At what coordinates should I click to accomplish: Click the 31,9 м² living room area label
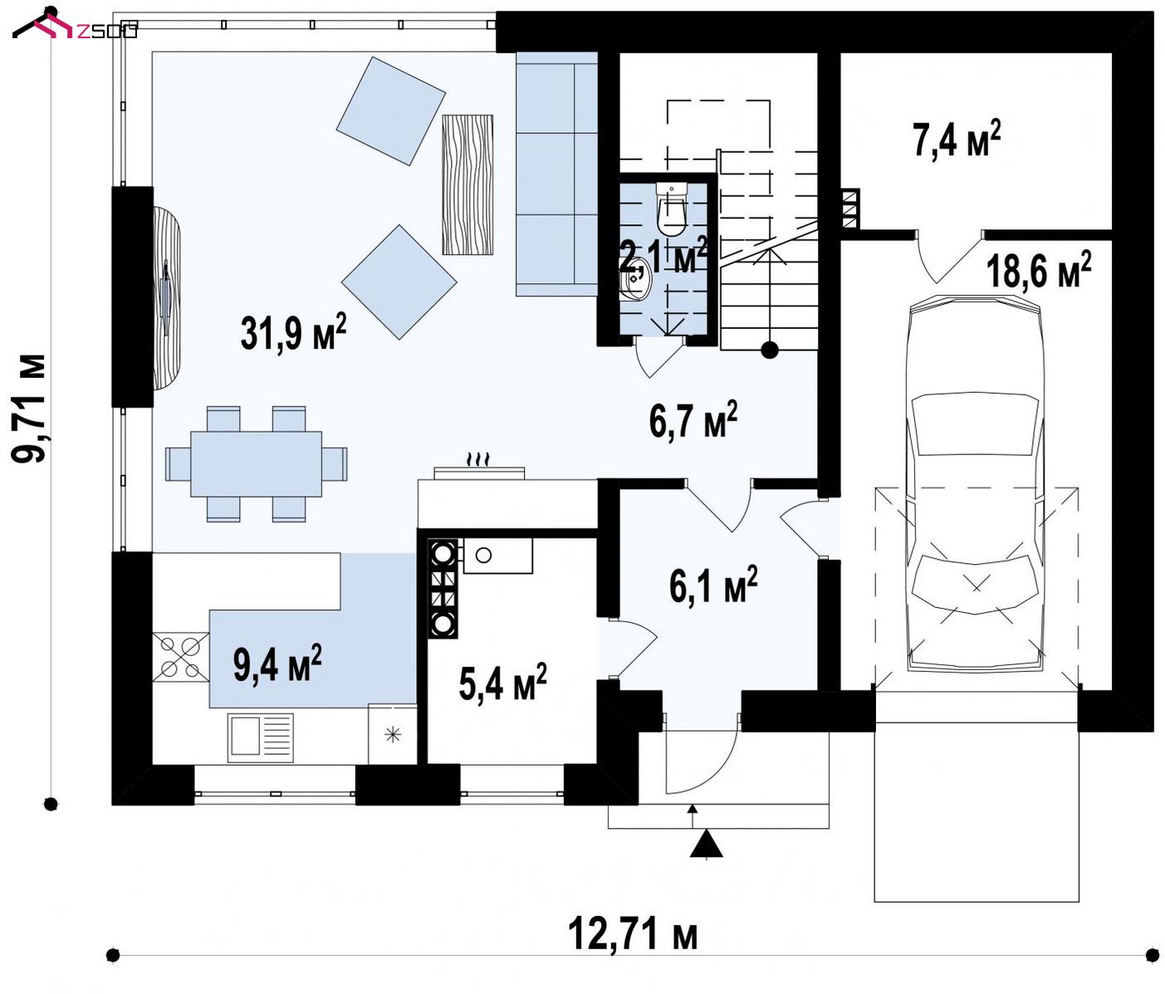(x=293, y=332)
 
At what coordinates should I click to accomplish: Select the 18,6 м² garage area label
(x=1039, y=270)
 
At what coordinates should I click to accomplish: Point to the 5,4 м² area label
(x=502, y=682)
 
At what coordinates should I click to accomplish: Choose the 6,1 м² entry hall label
(x=713, y=584)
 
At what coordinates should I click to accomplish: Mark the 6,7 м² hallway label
(x=693, y=419)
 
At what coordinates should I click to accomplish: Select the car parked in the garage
(x=975, y=483)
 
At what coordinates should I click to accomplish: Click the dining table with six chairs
(x=257, y=463)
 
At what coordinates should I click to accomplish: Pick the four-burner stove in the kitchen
(x=180, y=657)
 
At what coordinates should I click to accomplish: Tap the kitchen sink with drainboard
(x=261, y=738)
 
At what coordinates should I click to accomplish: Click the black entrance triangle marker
(x=707, y=844)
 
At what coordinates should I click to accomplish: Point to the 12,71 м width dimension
(x=633, y=933)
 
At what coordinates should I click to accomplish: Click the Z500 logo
(x=75, y=27)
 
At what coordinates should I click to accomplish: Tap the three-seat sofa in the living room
(x=557, y=174)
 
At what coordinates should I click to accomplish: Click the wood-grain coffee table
(x=467, y=184)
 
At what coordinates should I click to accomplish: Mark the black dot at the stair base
(x=770, y=350)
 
